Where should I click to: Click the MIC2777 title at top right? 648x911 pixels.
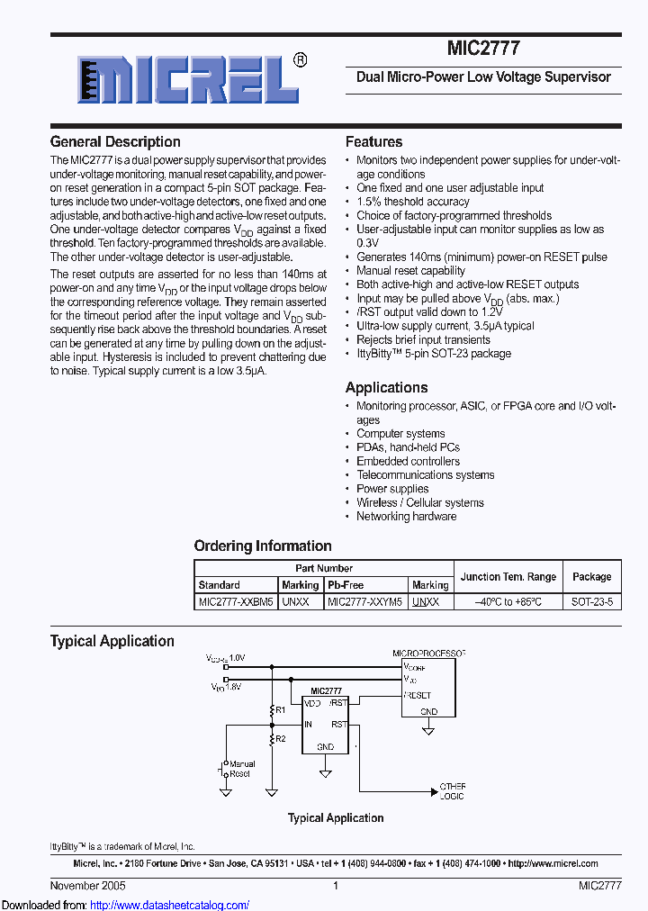coord(483,49)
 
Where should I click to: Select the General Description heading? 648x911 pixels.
coord(115,142)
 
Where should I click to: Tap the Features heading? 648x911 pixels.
coord(373,142)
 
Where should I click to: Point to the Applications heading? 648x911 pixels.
coord(386,388)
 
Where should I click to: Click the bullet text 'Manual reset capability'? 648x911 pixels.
coord(410,271)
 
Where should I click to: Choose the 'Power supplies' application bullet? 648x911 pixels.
coord(392,489)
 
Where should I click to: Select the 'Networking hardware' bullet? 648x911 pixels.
coord(406,517)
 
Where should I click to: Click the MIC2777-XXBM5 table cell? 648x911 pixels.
coord(236,601)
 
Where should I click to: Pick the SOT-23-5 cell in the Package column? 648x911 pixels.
coord(591,601)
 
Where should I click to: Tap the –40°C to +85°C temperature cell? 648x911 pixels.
coord(508,601)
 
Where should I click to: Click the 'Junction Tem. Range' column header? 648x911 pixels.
coord(508,577)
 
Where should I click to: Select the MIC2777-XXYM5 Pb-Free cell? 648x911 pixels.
coord(364,601)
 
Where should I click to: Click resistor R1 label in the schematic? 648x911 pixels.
coord(280,710)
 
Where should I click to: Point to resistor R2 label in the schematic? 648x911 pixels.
coord(280,738)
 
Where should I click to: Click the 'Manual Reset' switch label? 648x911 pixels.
coord(242,769)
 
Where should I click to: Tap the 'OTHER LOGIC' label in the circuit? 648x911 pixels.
coord(452,790)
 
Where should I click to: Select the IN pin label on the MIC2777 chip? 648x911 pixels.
coord(309,724)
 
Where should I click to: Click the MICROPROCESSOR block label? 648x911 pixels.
coord(428,652)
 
